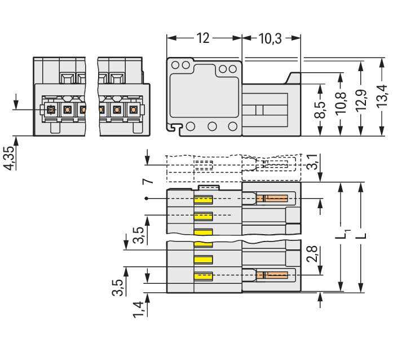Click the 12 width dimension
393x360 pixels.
pyautogui.click(x=203, y=38)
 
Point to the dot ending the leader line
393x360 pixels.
pyautogui.click(x=147, y=199)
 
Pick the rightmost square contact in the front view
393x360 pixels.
pyautogui.click(x=134, y=110)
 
